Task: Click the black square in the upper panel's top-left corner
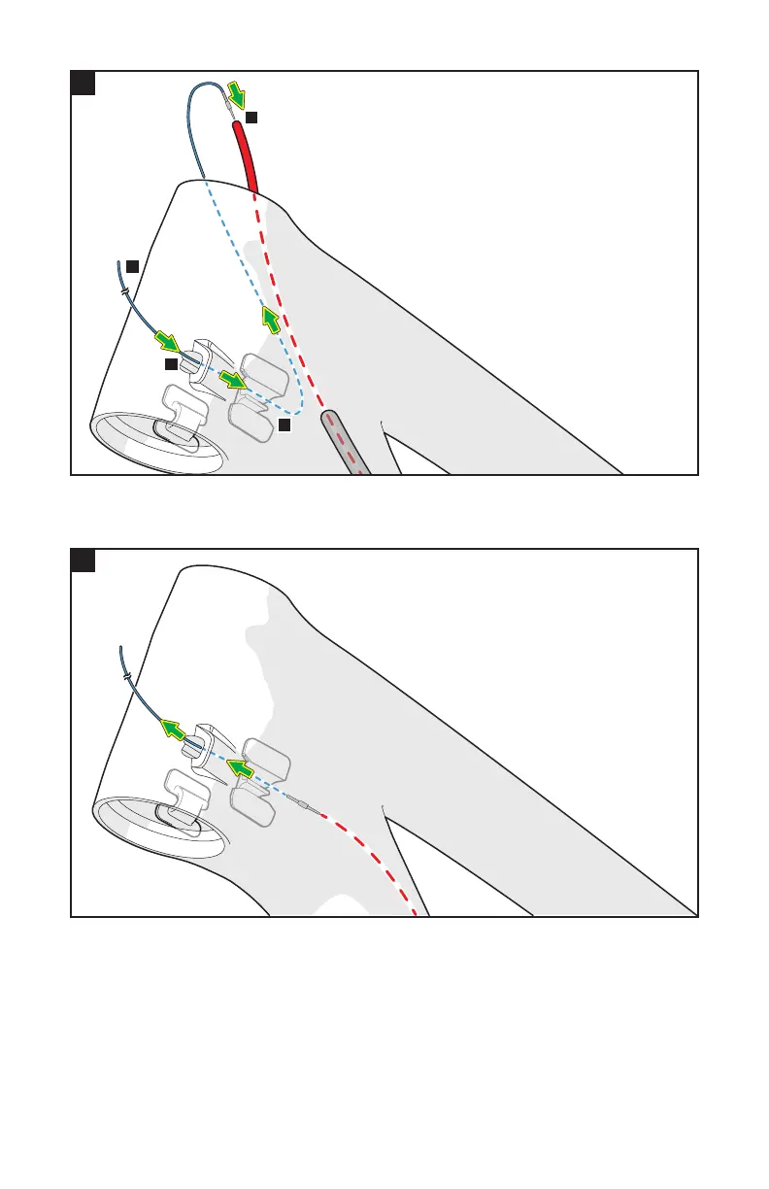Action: (83, 83)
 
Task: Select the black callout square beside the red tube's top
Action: (251, 117)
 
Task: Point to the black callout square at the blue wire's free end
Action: (132, 265)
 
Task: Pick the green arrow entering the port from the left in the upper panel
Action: (167, 342)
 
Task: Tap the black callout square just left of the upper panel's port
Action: (170, 364)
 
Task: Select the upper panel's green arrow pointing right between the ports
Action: (232, 379)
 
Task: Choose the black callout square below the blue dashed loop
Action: (284, 425)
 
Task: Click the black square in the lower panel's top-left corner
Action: (83, 561)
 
